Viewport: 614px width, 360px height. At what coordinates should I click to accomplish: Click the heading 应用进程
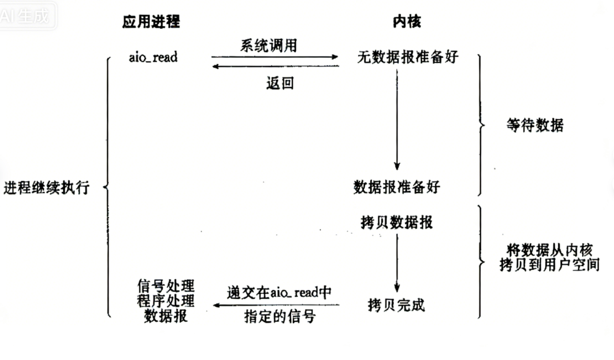151,21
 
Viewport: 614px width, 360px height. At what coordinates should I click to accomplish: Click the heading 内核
406,21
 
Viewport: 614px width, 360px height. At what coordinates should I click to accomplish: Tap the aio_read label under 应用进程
153,57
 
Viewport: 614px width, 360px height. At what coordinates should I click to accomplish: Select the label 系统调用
269,45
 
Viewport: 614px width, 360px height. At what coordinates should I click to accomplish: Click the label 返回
280,83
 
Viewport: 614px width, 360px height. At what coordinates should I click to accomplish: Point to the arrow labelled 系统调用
275,57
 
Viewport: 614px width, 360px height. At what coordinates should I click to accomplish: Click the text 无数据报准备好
408,57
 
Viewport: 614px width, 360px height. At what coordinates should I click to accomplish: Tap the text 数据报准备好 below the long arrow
397,187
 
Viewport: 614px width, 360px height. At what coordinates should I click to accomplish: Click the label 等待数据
535,125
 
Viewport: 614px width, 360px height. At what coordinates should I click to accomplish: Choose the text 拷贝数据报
397,222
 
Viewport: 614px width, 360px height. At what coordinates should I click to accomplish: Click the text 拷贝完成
396,305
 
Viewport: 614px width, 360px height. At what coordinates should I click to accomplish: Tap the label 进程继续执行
46,187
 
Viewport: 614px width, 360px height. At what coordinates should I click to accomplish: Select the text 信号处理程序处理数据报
166,301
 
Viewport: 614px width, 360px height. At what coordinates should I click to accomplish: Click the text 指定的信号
280,316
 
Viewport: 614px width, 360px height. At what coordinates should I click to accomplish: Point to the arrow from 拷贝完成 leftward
276,305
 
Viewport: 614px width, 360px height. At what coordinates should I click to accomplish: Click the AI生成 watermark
25,16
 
